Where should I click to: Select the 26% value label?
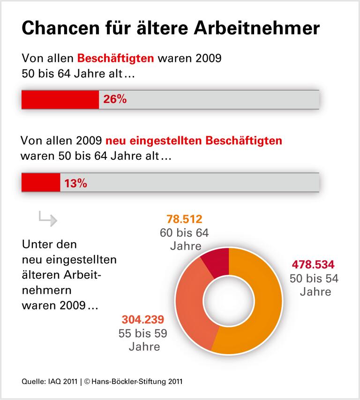click(115, 99)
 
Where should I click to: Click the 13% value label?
click(76, 183)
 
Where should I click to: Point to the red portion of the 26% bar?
click(60, 99)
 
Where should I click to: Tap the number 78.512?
click(184, 219)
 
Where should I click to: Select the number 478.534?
click(313, 264)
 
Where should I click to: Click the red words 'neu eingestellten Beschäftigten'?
click(194, 141)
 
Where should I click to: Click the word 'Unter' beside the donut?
click(37, 244)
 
